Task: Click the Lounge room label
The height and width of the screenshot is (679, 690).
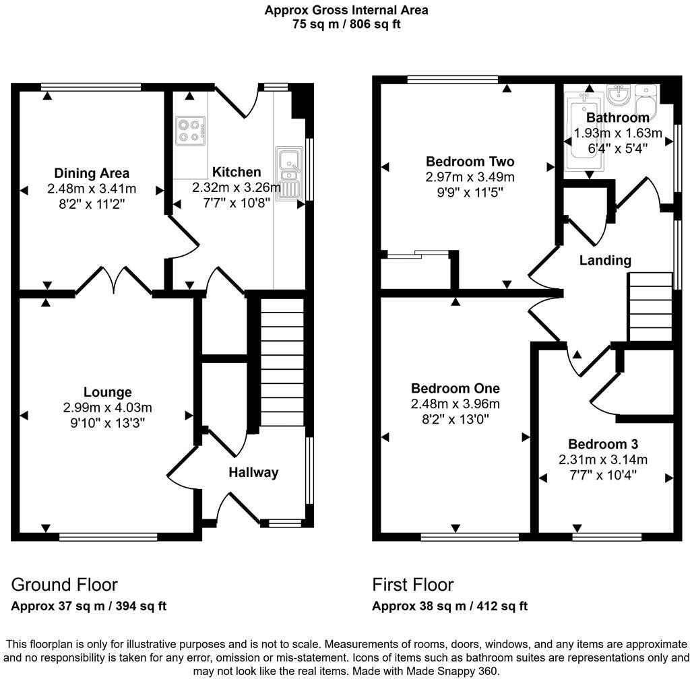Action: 107,392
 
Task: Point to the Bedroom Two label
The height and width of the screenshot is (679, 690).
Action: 470,162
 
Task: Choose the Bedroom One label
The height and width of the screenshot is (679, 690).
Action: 456,388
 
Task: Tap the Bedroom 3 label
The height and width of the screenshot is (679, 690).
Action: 603,444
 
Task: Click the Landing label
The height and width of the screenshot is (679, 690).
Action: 605,260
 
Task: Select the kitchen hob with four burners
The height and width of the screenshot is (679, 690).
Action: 191,131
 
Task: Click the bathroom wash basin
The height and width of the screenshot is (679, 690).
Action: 618,96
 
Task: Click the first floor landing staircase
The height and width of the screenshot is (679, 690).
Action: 650,307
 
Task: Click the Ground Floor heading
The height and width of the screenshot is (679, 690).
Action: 64,584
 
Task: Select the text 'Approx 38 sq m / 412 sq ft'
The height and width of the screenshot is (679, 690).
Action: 449,606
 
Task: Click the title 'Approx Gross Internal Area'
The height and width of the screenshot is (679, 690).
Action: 346,10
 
